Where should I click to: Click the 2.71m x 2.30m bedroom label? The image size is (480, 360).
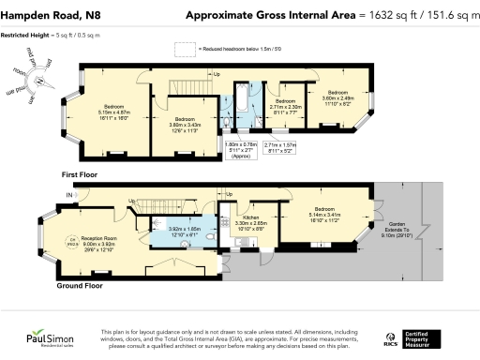tap(281, 109)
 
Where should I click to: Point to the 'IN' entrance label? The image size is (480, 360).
tap(68, 195)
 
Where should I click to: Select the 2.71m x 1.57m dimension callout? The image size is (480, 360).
tap(279, 147)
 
